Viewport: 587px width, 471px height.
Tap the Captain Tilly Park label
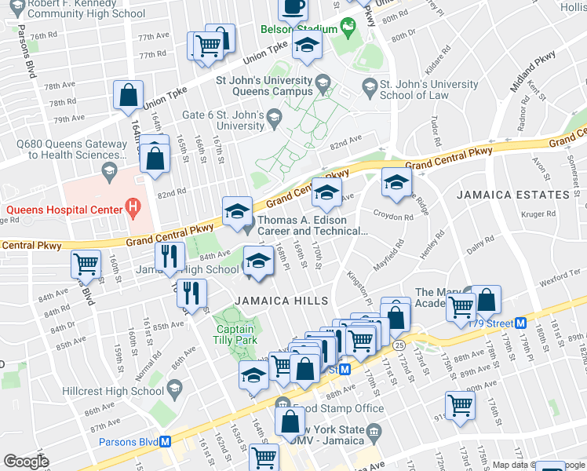coord(235,335)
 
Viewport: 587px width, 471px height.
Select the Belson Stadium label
coord(298,30)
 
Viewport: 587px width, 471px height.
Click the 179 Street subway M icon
coord(520,323)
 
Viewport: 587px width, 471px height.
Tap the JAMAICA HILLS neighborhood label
coord(267,301)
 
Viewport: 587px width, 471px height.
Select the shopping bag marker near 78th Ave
coord(127,97)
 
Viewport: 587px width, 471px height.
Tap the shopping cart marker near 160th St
coord(86,265)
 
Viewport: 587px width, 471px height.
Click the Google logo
coord(27,462)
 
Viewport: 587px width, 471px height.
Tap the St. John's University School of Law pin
coord(369,85)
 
